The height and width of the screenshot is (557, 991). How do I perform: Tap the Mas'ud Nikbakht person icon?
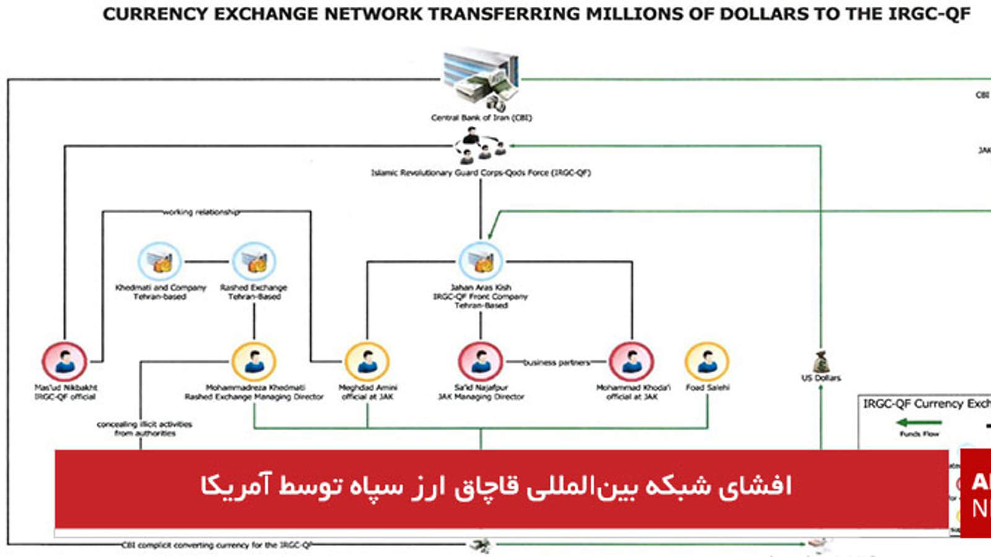64,361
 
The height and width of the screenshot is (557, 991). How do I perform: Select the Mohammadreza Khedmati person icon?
254,361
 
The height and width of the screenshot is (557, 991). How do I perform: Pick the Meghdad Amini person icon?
367,361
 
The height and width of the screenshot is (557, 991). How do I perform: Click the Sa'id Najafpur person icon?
481,361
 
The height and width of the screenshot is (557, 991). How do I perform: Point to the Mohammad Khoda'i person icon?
632,361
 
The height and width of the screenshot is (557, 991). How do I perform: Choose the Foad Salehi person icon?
707,361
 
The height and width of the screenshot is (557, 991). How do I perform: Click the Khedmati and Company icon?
160,262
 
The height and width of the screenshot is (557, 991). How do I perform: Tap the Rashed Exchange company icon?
254,262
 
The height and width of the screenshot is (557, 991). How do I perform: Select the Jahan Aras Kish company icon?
481,262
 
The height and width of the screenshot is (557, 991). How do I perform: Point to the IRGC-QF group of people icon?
481,146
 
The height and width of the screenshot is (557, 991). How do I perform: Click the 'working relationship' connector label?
201,212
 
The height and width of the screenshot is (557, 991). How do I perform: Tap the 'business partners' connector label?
557,363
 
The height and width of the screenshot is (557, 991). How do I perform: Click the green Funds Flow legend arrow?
919,423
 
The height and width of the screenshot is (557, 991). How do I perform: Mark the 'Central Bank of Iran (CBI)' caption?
481,118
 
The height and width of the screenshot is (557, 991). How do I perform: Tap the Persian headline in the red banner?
495,486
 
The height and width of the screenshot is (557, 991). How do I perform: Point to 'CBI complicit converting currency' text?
217,545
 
